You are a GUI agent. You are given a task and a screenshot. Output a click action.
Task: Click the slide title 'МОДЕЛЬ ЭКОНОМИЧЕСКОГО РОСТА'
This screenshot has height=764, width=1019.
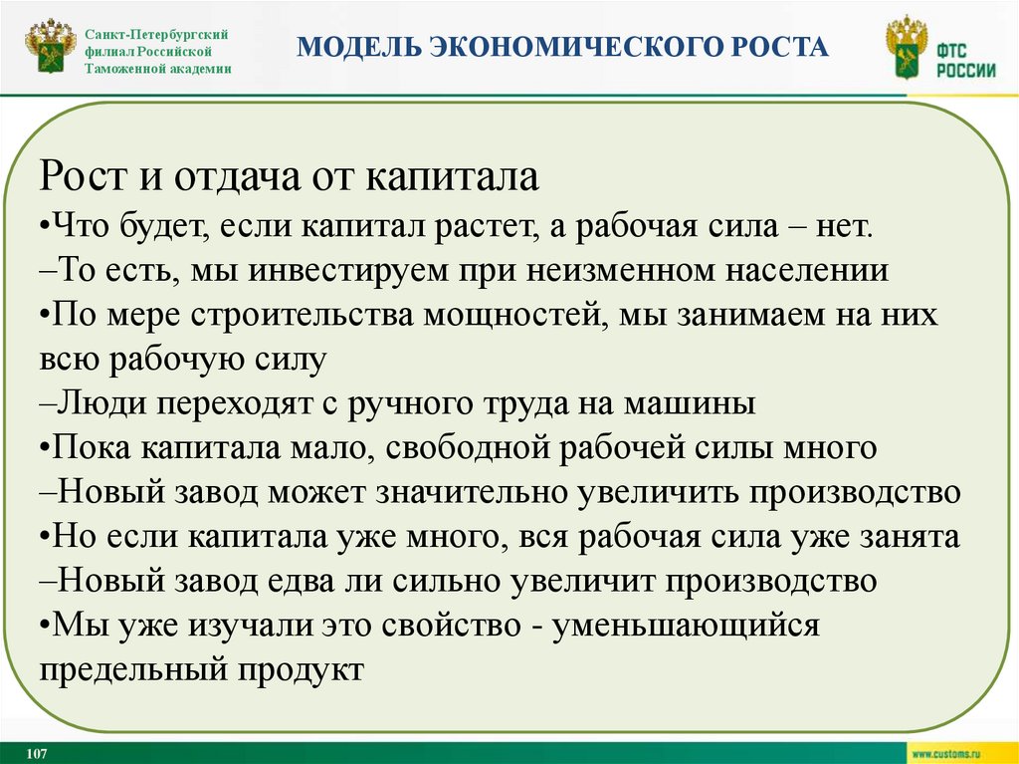[563, 47]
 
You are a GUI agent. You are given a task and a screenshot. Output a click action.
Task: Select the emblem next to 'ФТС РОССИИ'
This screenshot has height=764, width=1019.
[906, 50]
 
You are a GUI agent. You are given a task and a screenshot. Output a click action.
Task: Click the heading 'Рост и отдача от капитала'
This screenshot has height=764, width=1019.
[290, 179]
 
